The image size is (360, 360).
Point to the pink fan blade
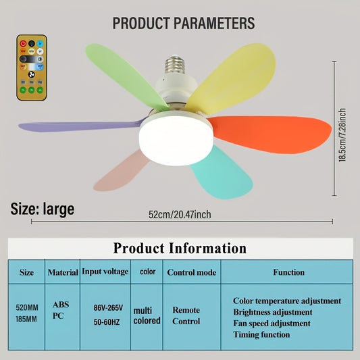[x=122, y=172]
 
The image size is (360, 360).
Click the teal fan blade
[x=223, y=172]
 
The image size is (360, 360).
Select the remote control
[x=31, y=68]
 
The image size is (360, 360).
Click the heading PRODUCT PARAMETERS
[x=184, y=24]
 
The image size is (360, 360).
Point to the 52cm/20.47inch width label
[x=180, y=215]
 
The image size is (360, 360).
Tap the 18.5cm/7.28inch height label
[x=342, y=135]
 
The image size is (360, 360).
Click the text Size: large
[x=43, y=209]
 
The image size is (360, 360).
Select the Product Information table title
[x=180, y=248]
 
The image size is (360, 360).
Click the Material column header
[x=63, y=273]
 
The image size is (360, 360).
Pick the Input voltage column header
[x=105, y=272]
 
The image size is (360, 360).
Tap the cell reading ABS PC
[x=61, y=310]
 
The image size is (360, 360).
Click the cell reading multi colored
[x=147, y=315]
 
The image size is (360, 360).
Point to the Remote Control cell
[x=186, y=315]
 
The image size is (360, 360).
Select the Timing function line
[x=261, y=335]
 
